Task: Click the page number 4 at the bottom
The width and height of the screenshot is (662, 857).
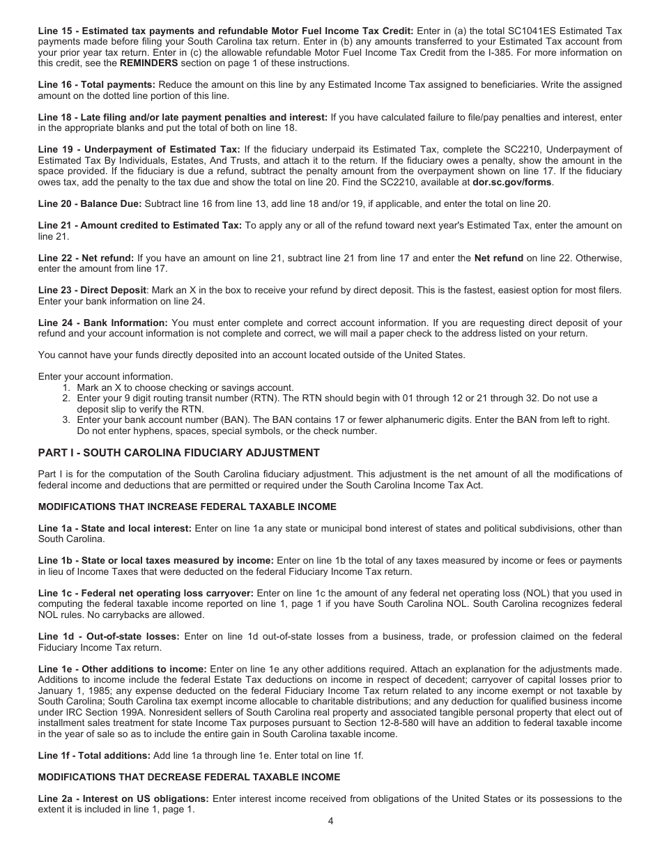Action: pyautogui.click(x=331, y=821)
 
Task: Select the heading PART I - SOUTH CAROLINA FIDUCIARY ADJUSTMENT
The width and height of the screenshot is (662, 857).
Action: pyautogui.click(x=178, y=453)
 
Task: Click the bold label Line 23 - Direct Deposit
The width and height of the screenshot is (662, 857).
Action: pyautogui.click(x=92, y=290)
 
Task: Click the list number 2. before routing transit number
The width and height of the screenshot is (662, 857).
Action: pyautogui.click(x=66, y=399)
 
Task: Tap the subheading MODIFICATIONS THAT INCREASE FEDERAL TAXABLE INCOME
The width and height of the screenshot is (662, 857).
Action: pyautogui.click(x=187, y=507)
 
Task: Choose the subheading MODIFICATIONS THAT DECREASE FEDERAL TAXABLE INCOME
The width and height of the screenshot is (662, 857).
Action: pyautogui.click(x=189, y=777)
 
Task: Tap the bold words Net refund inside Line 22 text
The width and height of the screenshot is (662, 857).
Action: pyautogui.click(x=498, y=258)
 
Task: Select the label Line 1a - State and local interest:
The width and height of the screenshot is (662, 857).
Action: pyautogui.click(x=114, y=528)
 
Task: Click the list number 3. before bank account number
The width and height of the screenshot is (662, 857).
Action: pyautogui.click(x=66, y=419)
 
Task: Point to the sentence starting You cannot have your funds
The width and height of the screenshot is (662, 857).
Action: pyautogui.click(x=251, y=355)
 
